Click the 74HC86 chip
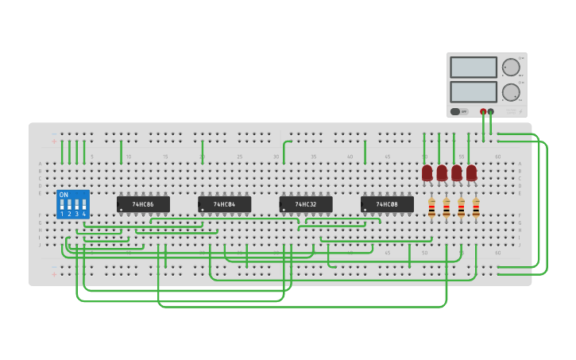[143, 204]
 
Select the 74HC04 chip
[224, 204]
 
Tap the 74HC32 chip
[306, 204]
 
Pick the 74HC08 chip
[387, 204]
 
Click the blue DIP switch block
[72, 204]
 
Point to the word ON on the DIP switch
[64, 195]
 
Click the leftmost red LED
[427, 172]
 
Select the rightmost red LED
[471, 172]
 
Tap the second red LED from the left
[442, 172]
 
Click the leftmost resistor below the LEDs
[431, 208]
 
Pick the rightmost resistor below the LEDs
[476, 208]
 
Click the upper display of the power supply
[474, 68]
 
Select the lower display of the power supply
[474, 91]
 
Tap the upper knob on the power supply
[510, 67]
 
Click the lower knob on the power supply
[510, 91]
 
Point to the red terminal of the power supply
[483, 112]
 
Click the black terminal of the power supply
[491, 112]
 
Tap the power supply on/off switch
[456, 111]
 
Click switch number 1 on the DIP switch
[62, 204]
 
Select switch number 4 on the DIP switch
[83, 204]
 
